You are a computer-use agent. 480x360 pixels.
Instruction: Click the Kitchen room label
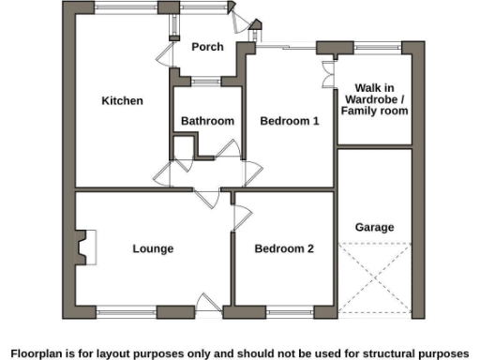[x=122, y=100]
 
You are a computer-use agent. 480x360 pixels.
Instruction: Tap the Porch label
[x=206, y=47]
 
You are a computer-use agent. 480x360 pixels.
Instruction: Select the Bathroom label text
[x=207, y=121]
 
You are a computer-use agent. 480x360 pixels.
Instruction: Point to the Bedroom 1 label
[x=290, y=121]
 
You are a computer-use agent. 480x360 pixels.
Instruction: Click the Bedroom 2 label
[x=284, y=248]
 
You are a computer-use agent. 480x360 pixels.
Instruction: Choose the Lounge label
[x=153, y=248]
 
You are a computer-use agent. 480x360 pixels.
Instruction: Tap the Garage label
[x=374, y=227]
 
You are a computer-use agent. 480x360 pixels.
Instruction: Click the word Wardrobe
[x=373, y=99]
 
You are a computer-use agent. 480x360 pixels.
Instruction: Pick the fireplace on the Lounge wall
[x=85, y=247]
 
